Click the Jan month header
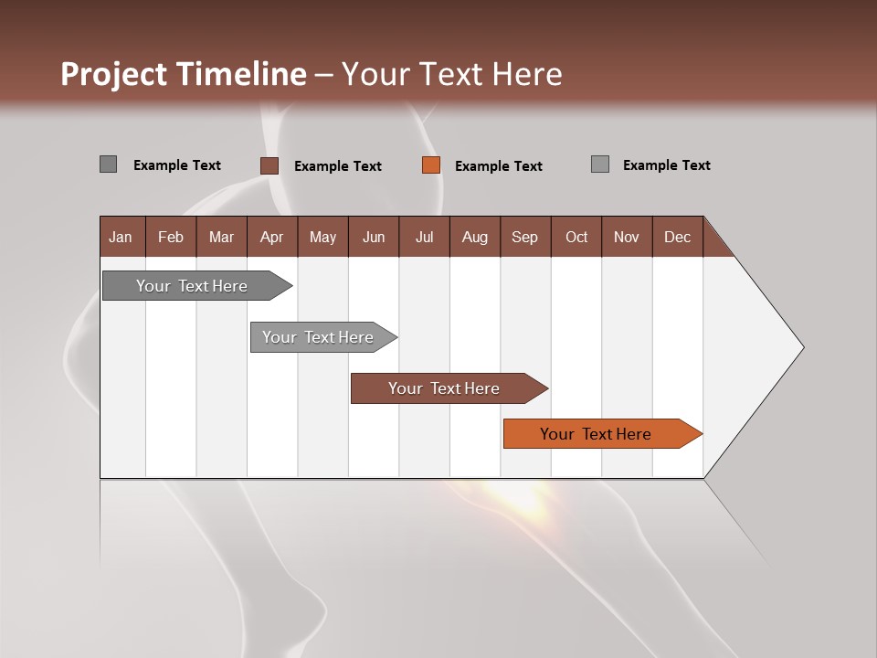(x=121, y=237)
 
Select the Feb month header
(x=171, y=237)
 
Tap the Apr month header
(x=271, y=237)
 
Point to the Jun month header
(x=374, y=237)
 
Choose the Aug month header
(x=474, y=237)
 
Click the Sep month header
(x=524, y=237)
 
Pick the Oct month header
(x=576, y=237)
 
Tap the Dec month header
(x=677, y=237)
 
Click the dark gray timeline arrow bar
(x=193, y=286)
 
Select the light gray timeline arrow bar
(x=319, y=337)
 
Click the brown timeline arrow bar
(x=444, y=388)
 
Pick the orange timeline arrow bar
(x=597, y=434)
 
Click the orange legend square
(x=431, y=165)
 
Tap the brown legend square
(x=269, y=165)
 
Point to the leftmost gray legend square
(x=108, y=164)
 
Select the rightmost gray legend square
(x=600, y=164)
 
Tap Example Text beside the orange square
(x=498, y=166)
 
